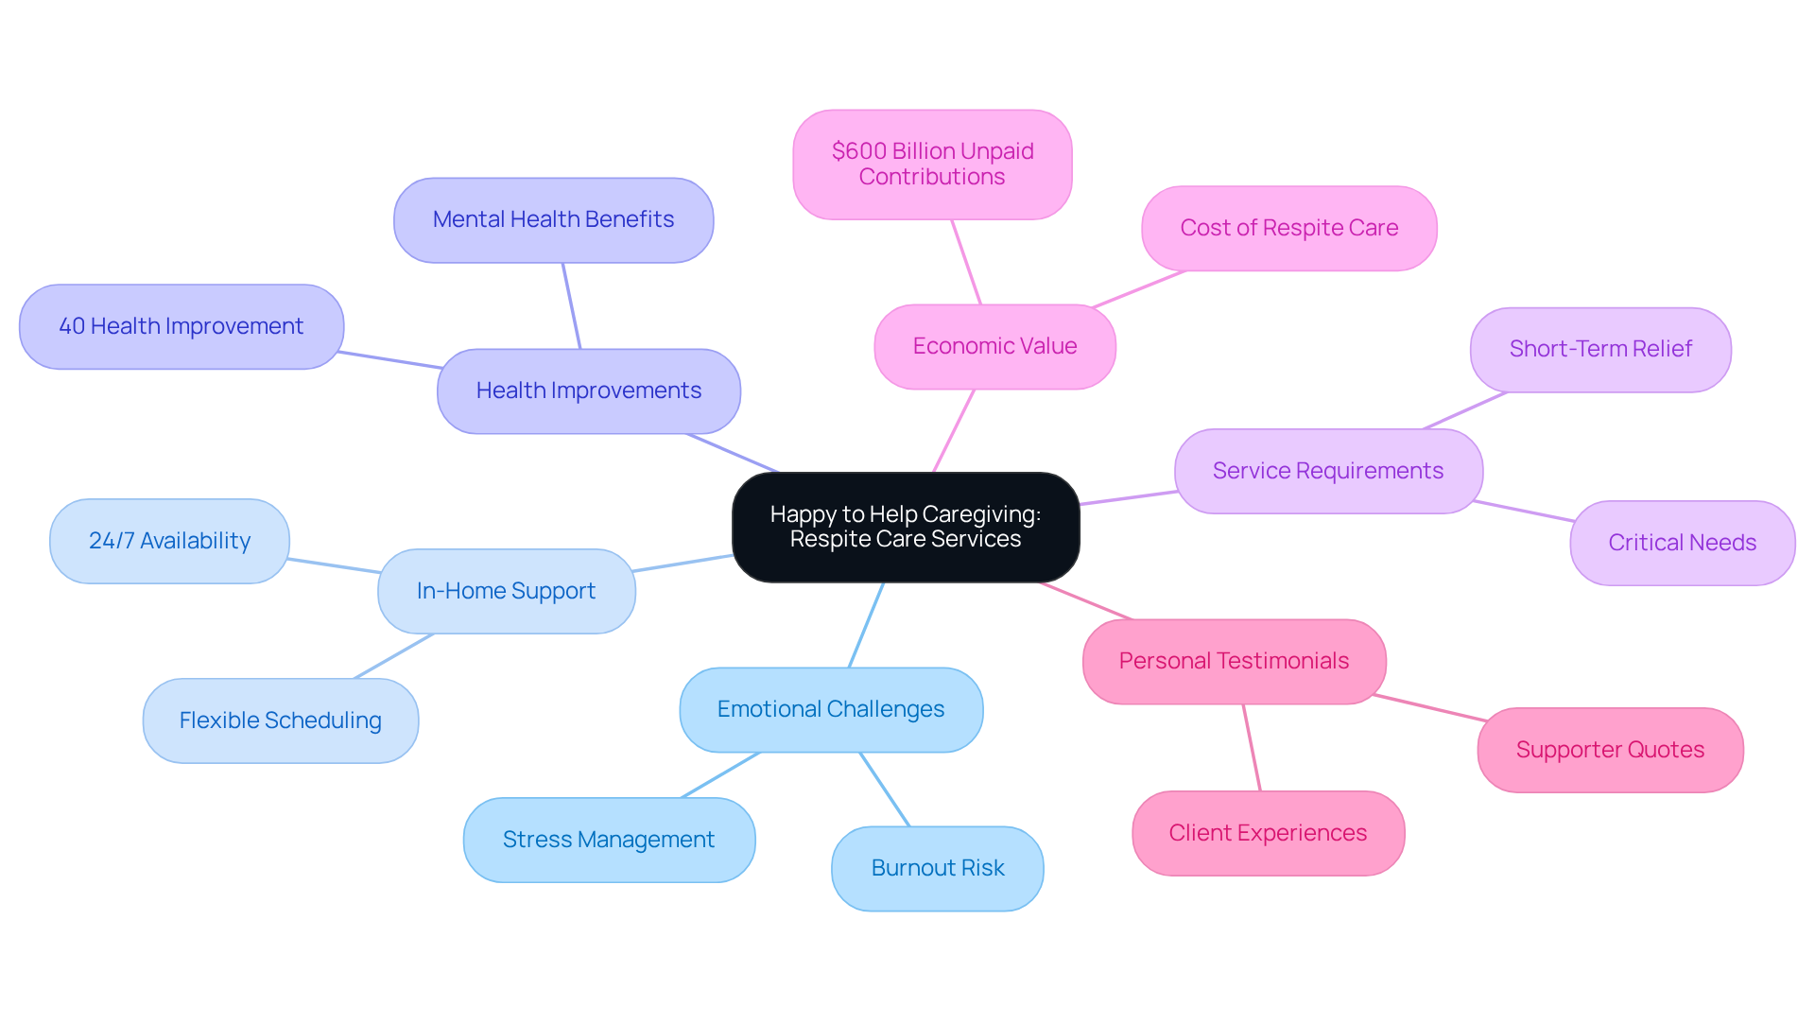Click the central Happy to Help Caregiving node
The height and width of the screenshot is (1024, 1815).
906,527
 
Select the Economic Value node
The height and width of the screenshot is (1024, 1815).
994,346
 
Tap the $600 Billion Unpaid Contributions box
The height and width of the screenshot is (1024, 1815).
932,165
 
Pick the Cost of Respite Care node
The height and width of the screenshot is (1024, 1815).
1288,228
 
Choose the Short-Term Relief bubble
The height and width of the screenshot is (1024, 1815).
1600,349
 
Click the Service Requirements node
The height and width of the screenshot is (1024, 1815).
1327,471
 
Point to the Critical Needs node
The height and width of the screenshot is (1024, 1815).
1682,543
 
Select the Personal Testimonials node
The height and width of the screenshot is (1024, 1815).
1234,661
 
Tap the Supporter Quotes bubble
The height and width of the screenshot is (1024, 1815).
1610,750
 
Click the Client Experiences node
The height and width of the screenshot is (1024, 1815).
1268,833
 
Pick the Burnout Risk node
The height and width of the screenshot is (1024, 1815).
937,868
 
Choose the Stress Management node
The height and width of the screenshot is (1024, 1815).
609,840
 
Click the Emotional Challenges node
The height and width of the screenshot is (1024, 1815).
831,709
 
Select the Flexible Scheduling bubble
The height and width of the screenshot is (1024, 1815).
281,720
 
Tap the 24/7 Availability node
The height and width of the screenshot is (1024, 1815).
169,541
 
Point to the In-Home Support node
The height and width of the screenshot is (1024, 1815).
506,591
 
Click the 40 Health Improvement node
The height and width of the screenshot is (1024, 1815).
181,326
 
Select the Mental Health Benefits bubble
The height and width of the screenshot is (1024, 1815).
553,219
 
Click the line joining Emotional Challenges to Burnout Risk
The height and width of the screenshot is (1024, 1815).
885,790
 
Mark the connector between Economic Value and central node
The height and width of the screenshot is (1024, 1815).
953,431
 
